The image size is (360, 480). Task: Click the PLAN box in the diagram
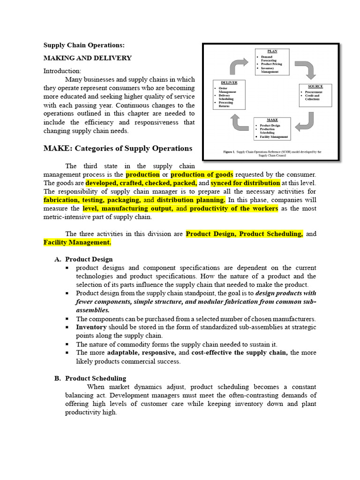[272, 61]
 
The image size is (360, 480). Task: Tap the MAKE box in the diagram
[272, 129]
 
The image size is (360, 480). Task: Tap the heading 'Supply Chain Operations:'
[84, 45]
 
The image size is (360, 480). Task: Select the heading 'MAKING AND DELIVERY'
[88, 58]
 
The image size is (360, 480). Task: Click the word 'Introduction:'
[62, 71]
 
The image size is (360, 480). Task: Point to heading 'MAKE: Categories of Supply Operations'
[118, 148]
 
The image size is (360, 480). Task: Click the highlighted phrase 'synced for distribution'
[246, 183]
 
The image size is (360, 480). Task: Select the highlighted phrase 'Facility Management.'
[77, 242]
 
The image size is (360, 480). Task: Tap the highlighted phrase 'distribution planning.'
[191, 200]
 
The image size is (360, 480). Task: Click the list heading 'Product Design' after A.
[89, 259]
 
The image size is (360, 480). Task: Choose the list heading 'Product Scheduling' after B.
[96, 378]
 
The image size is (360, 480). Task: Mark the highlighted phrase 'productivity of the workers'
[233, 208]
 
